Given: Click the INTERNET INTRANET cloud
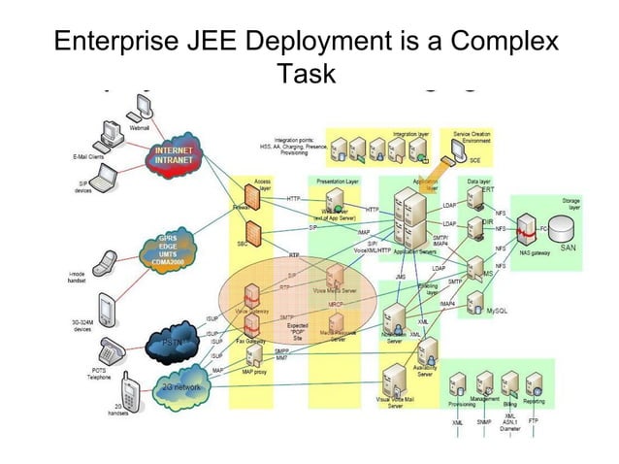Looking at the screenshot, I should [176, 156].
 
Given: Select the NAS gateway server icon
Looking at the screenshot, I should [528, 230].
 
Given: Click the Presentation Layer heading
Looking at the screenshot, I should [339, 181].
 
